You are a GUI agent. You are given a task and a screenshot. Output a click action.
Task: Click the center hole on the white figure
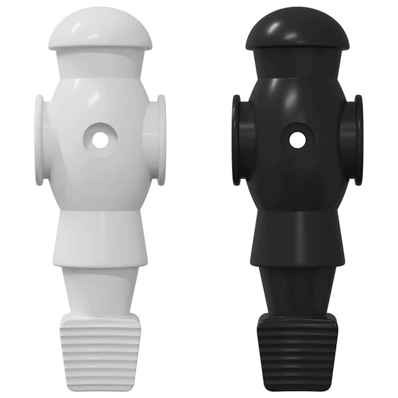99,140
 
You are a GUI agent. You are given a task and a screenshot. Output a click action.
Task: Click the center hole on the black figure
298,140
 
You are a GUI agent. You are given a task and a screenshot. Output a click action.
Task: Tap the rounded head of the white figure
99,30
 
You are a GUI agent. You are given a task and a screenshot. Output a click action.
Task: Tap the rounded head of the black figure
298,30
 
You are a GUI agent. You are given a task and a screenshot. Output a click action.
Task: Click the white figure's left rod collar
40,140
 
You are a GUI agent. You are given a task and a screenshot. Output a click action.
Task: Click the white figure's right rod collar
159,140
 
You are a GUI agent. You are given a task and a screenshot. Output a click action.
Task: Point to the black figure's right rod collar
358,140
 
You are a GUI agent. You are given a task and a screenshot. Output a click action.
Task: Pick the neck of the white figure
99,64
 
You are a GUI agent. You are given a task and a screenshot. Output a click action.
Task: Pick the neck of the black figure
298,64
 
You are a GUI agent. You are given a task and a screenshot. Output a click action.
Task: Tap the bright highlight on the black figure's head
277,24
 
